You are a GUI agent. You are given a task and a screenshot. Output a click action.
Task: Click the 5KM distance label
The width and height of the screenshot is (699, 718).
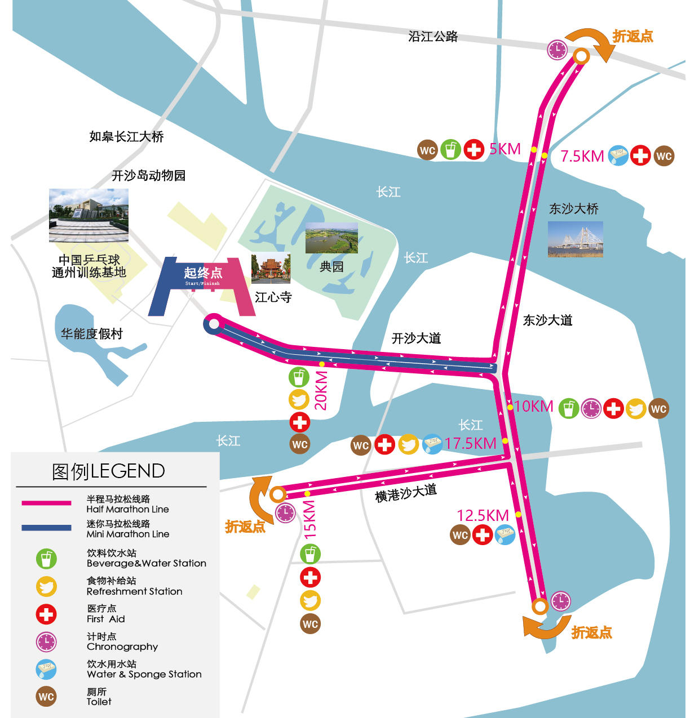click(505, 149)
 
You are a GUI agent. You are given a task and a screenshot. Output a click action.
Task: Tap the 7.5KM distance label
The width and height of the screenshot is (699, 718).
click(582, 156)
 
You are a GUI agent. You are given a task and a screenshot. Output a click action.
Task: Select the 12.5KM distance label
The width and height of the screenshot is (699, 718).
click(483, 515)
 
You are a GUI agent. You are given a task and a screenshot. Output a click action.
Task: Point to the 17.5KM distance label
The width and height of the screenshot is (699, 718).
click(470, 444)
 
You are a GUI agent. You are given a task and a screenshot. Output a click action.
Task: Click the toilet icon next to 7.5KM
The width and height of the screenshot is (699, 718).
click(664, 156)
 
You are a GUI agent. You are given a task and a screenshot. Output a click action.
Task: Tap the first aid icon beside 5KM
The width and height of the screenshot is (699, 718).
click(474, 150)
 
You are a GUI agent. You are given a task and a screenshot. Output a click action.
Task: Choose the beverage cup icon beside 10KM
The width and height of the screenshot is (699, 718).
click(568, 408)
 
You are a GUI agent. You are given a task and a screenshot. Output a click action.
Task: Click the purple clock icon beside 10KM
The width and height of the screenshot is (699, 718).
click(591, 408)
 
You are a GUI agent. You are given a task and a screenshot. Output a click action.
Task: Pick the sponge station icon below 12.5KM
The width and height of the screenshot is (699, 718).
click(505, 534)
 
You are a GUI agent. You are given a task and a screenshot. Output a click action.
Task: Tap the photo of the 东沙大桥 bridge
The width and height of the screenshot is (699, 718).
click(575, 239)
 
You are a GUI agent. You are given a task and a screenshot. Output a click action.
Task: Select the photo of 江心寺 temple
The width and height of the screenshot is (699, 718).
click(271, 268)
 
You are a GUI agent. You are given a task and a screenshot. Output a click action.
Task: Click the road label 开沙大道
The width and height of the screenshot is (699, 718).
click(416, 338)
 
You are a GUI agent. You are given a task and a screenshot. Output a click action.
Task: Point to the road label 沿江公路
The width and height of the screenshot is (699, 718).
click(433, 37)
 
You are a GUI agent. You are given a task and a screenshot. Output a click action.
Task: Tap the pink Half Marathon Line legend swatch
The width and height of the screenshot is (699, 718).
click(46, 503)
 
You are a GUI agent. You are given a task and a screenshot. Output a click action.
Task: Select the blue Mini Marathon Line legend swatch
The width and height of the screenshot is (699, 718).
click(46, 528)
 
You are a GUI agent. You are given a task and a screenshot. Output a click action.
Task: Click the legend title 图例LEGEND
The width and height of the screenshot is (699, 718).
click(108, 471)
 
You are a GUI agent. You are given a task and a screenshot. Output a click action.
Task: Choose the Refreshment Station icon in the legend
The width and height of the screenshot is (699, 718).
click(46, 587)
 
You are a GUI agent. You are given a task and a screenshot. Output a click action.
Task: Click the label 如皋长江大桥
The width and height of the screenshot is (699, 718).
click(126, 136)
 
